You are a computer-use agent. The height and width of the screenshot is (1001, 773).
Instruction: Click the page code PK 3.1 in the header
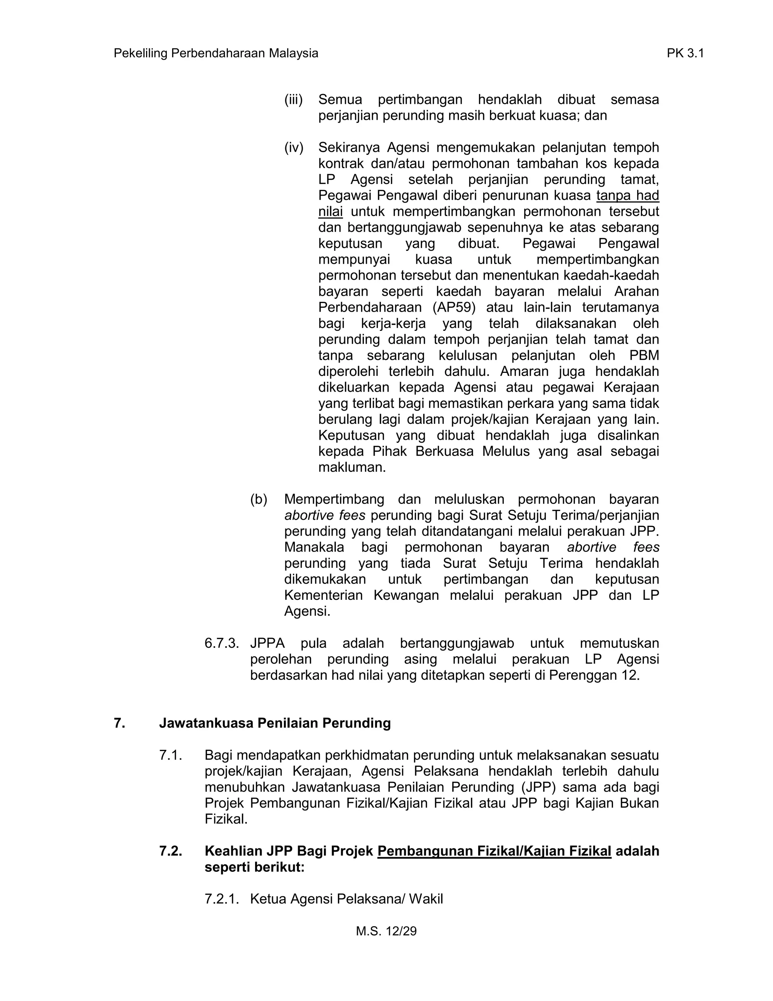pyautogui.click(x=685, y=54)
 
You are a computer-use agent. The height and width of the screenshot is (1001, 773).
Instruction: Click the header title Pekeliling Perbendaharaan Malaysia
pyautogui.click(x=216, y=54)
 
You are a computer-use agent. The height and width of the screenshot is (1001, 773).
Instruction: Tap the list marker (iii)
pyautogui.click(x=294, y=99)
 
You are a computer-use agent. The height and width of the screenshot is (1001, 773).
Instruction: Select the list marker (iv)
pyautogui.click(x=294, y=148)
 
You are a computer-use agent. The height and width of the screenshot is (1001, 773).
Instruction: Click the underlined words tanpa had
pyautogui.click(x=627, y=196)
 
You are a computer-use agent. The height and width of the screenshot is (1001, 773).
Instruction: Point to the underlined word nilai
pyautogui.click(x=330, y=212)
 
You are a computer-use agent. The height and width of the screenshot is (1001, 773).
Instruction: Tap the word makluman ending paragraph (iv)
pyautogui.click(x=352, y=468)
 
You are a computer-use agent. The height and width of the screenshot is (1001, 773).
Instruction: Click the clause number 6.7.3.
pyautogui.click(x=222, y=644)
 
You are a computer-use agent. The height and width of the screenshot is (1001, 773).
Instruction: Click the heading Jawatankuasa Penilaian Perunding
pyautogui.click(x=275, y=723)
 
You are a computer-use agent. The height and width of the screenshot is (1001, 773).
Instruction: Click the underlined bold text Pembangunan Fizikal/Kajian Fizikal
pyautogui.click(x=494, y=851)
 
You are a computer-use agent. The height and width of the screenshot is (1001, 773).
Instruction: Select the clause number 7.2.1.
pyautogui.click(x=222, y=899)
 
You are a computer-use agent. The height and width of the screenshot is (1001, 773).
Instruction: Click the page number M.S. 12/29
pyautogui.click(x=386, y=931)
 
